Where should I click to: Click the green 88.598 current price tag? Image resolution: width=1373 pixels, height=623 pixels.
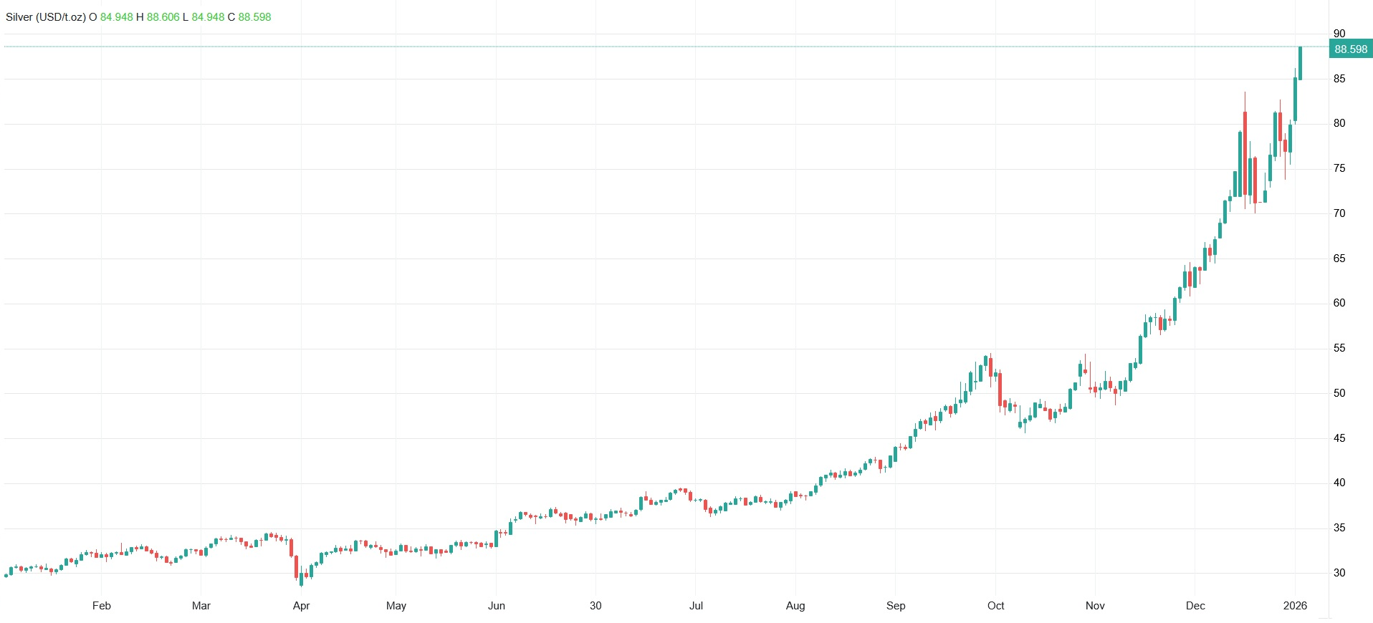[x=1351, y=49]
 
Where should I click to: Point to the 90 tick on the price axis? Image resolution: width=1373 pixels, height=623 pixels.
[x=1339, y=34]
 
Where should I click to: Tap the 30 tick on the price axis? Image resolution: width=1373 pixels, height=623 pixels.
[x=1339, y=573]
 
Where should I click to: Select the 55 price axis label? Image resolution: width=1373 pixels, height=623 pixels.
[x=1339, y=348]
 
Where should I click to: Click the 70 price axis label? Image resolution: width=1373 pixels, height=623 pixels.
[x=1339, y=213]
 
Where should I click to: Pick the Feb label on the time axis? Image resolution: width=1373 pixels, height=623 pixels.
[x=102, y=606]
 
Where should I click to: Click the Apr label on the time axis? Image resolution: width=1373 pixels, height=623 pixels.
[x=301, y=606]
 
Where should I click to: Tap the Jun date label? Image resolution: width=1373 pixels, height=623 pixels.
[x=497, y=606]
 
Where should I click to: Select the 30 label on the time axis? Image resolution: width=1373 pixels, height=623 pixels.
[x=595, y=606]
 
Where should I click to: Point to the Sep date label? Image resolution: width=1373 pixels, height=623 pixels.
[x=896, y=606]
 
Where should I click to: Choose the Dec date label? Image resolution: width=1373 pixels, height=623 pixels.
[x=1195, y=606]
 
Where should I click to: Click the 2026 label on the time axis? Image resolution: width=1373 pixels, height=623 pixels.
[x=1295, y=606]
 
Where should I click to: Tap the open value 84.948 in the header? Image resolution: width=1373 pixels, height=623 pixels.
[x=116, y=17]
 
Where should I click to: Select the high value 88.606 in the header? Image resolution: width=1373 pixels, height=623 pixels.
[x=163, y=17]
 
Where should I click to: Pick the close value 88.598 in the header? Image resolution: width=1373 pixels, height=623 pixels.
[x=254, y=17]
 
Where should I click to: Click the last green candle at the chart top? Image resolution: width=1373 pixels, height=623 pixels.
[x=1300, y=63]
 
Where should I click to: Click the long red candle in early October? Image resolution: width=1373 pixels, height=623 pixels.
[x=1000, y=390]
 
